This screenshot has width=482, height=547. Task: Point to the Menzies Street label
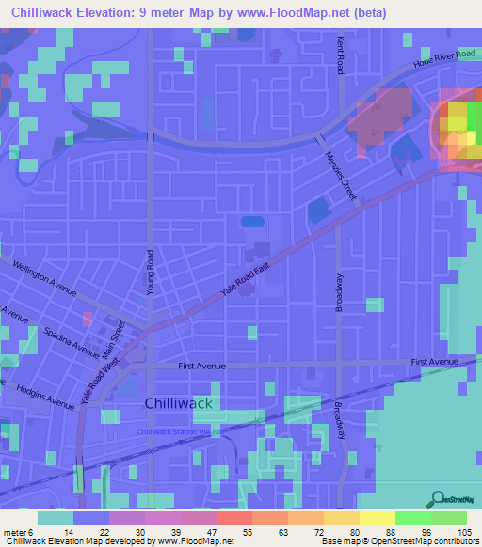(x=340, y=175)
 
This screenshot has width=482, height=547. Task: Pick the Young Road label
(x=151, y=273)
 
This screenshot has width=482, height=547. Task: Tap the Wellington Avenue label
(x=43, y=276)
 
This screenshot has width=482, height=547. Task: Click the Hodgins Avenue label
(x=46, y=397)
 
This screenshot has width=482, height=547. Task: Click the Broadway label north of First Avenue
(x=340, y=294)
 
